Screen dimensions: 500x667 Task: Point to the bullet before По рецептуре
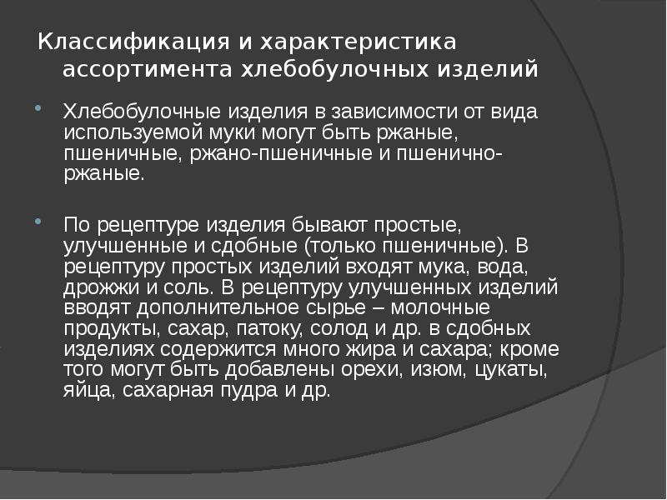[39, 222]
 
